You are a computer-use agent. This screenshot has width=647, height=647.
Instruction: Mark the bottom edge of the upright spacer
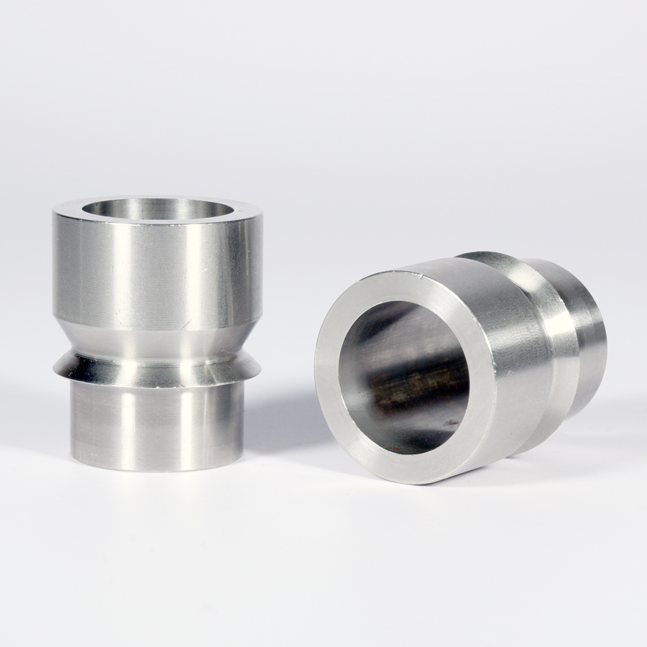[155, 468]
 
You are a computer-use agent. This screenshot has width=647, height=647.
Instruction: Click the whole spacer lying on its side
[460, 367]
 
